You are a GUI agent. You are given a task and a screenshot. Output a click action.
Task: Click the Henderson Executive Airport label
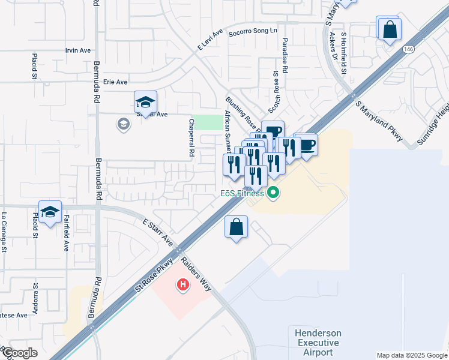[x=318, y=343]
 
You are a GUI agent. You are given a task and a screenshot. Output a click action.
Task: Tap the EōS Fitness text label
[x=241, y=193]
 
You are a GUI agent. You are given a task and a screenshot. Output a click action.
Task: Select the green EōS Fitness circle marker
[x=273, y=193]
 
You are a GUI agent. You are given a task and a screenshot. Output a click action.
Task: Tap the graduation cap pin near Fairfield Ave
[x=50, y=212]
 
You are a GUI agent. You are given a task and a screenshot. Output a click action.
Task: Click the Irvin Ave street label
[x=78, y=50]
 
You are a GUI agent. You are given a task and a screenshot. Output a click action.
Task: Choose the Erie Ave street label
[x=115, y=82]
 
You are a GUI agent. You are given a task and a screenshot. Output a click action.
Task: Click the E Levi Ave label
[x=209, y=39]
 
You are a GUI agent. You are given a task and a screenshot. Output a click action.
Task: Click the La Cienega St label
[x=4, y=232]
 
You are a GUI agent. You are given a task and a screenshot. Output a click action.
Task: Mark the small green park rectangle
[x=206, y=122]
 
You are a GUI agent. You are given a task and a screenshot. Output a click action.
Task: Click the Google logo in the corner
[x=19, y=353]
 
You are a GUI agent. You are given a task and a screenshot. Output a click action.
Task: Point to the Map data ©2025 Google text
[x=411, y=355]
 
